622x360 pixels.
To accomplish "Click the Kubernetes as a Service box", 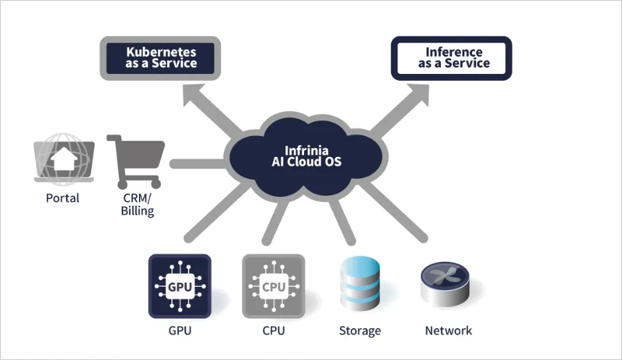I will [x=161, y=57].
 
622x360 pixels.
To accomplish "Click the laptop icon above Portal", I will [x=63, y=161].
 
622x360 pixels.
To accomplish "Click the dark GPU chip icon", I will [x=180, y=285].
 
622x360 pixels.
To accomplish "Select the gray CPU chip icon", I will [x=273, y=285].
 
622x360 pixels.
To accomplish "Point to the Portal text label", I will [x=63, y=198].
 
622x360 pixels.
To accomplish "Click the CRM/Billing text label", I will [x=137, y=205].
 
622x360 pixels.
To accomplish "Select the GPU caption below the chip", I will [x=180, y=330].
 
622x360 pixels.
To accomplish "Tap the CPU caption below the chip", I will [x=273, y=330].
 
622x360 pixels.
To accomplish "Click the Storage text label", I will [x=359, y=330].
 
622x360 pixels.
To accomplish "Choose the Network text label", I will [x=448, y=330].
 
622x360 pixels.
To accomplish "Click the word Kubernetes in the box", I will [x=161, y=51].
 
